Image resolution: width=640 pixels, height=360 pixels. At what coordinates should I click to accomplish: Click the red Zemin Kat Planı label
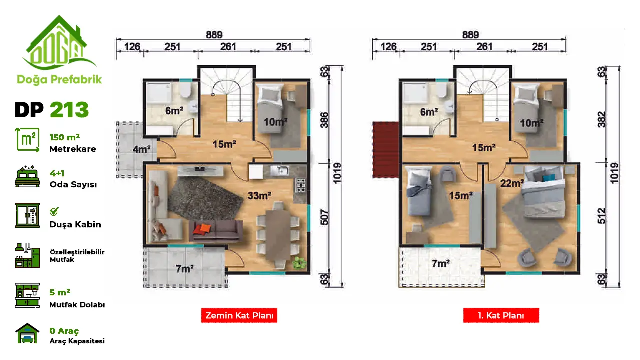click(239, 315)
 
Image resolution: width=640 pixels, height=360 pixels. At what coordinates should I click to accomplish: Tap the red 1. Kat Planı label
click(501, 315)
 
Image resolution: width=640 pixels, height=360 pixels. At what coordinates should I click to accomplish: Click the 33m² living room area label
click(259, 195)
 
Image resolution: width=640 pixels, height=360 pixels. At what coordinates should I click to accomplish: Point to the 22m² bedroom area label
click(512, 183)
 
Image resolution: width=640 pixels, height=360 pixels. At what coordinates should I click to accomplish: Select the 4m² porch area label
click(142, 149)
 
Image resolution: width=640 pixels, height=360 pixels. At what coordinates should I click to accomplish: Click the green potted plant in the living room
click(299, 262)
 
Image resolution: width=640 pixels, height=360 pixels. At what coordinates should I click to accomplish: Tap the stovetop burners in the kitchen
click(301, 185)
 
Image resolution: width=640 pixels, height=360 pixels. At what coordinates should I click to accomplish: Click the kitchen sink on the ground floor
click(280, 171)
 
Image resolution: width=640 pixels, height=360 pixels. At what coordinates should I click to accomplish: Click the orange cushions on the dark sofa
click(202, 229)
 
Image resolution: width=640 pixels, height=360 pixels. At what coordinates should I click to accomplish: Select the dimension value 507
click(324, 217)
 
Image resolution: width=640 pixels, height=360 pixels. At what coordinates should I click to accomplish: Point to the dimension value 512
click(601, 216)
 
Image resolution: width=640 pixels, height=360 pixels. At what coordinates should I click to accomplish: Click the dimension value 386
click(324, 120)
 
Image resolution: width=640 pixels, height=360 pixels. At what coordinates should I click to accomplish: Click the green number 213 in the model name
click(69, 110)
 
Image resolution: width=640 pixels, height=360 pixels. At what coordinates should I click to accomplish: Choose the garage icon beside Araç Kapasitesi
click(27, 333)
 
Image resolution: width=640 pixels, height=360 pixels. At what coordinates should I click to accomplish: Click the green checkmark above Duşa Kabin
click(54, 211)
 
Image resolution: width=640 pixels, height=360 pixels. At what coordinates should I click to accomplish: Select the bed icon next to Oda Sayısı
click(27, 176)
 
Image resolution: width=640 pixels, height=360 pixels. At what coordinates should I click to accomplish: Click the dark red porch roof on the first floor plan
click(385, 149)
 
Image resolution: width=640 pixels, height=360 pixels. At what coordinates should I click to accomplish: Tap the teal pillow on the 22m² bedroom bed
click(549, 177)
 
